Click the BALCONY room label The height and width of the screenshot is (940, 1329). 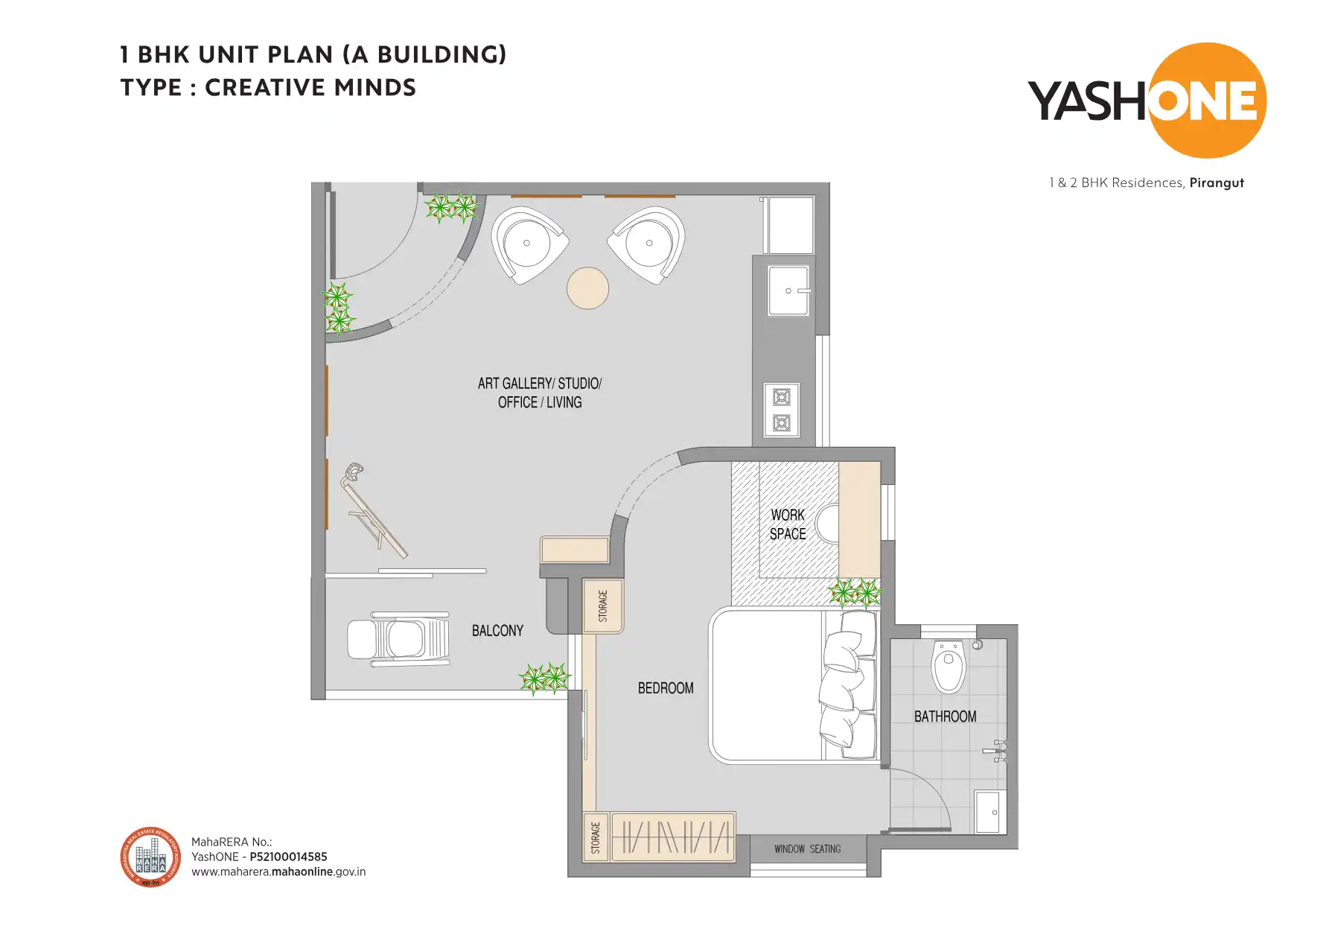coord(497,631)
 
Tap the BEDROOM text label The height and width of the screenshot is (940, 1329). coord(665,688)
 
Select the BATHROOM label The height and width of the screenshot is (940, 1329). coord(945,717)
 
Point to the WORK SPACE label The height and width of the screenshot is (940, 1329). coord(788,524)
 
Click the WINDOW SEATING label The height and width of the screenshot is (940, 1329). coord(807,849)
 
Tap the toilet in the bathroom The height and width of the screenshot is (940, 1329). coord(949,665)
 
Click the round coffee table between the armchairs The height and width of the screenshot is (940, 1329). coord(587,288)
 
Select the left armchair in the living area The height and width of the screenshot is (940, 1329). coord(528,244)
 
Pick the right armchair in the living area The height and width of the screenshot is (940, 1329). coord(648,244)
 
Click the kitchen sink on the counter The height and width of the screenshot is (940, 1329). coord(788,290)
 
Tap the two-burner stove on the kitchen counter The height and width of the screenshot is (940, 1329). coord(781,410)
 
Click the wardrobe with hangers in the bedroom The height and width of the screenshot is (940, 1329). coord(673,836)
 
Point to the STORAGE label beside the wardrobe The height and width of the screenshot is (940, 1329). coord(596,837)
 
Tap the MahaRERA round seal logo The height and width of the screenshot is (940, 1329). coord(150,857)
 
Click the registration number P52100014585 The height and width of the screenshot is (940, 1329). coord(288,857)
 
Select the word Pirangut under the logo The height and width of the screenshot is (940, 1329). coord(1217,182)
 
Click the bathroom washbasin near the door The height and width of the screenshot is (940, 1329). coord(990,813)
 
